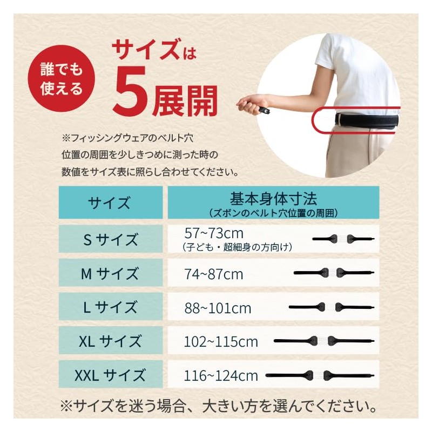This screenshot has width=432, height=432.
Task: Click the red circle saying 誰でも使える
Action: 61,78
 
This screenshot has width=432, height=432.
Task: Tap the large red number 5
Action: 130,92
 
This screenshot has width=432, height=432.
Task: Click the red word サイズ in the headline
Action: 145,49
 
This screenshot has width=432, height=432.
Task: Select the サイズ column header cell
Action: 111,202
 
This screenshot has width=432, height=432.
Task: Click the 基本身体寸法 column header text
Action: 273,199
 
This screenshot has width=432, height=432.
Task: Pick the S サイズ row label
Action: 111,239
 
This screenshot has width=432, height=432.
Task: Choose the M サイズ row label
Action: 110,274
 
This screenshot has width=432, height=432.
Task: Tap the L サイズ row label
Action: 110,307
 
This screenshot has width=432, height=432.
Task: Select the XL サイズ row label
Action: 110,341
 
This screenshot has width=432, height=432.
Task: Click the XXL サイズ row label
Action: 110,375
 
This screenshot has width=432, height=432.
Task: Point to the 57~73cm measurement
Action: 214,234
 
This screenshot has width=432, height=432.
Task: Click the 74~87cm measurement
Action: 214,274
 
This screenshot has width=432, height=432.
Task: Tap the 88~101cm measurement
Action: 218,308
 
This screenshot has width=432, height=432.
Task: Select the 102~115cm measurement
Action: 221,342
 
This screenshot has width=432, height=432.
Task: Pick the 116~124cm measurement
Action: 221,376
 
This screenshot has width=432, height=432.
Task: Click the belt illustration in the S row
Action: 343,239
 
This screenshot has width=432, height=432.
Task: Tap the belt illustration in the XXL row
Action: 320,375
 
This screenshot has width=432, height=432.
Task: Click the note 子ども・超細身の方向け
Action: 237,247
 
